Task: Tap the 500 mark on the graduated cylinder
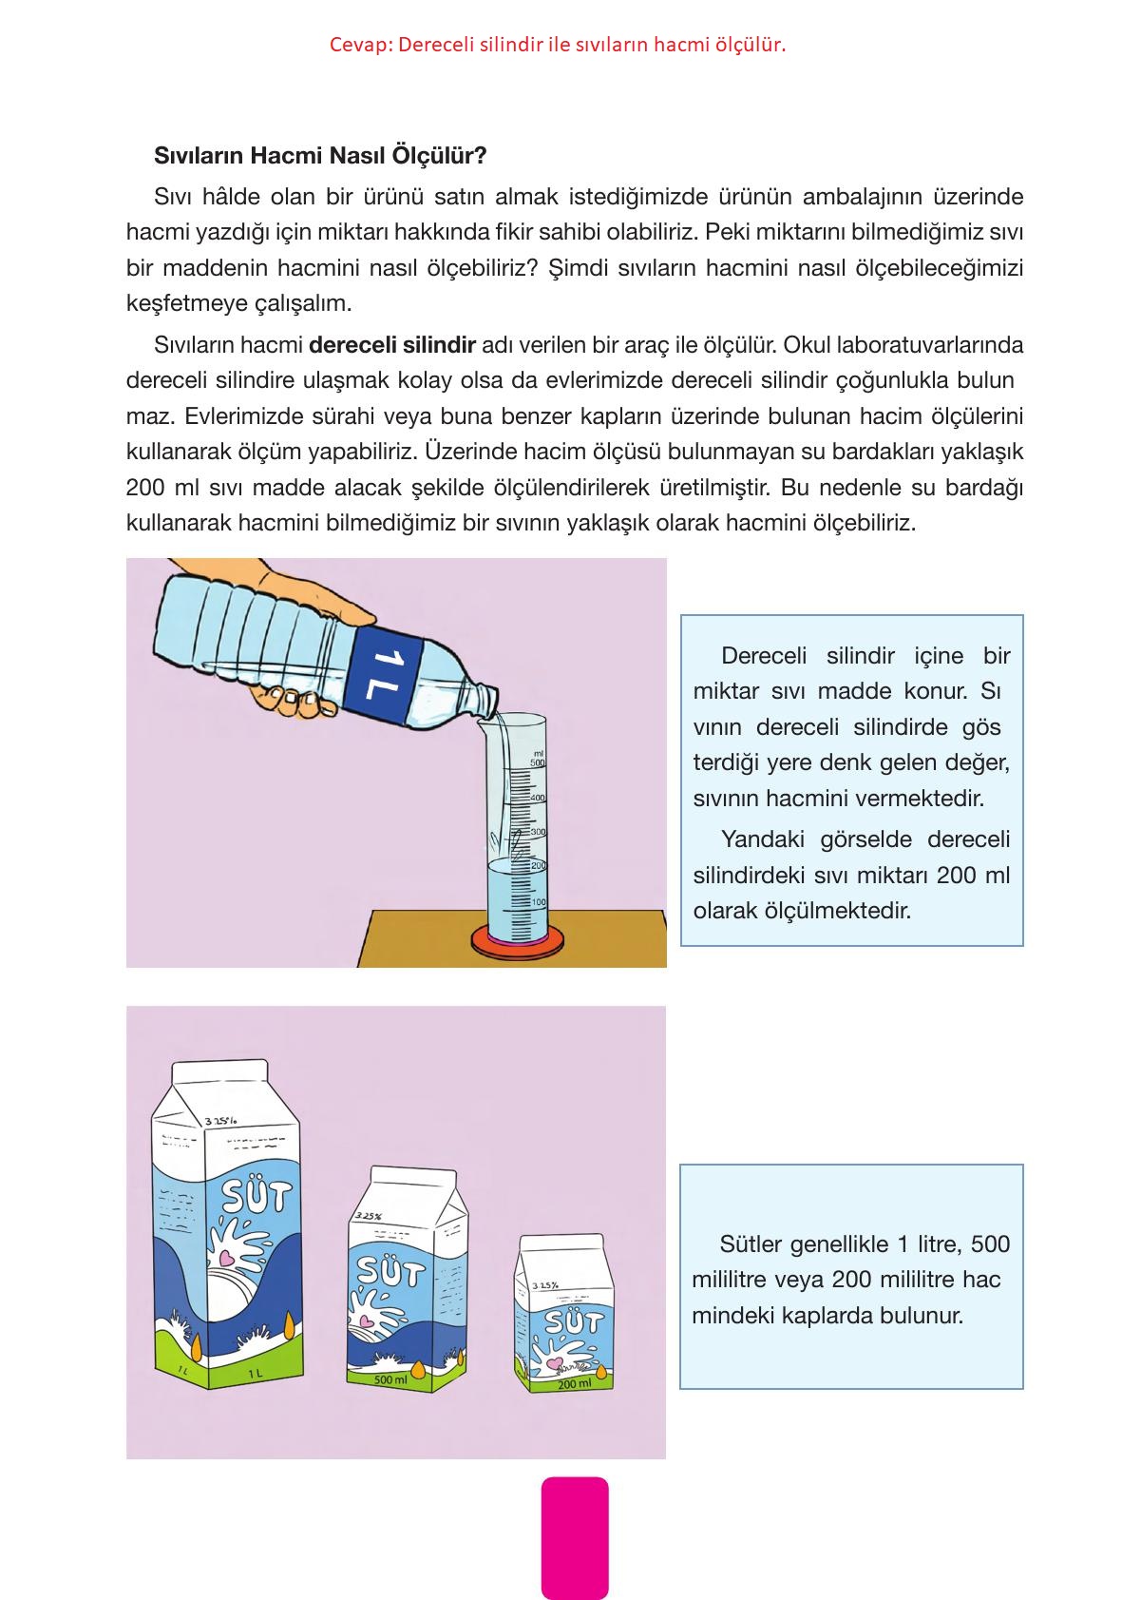point(537,762)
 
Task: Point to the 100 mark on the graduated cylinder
point(538,901)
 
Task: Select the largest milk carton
point(228,1226)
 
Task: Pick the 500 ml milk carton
point(406,1279)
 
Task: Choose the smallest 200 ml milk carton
point(565,1317)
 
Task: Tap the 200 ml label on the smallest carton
point(574,1384)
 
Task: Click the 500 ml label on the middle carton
point(390,1378)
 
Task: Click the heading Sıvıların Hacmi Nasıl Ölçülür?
point(320,155)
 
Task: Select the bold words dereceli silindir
point(391,344)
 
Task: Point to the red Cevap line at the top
point(558,45)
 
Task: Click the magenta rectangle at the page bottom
point(574,1537)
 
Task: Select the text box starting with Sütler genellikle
point(851,1276)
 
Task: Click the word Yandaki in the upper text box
point(756,839)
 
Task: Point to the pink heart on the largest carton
point(226,1258)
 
